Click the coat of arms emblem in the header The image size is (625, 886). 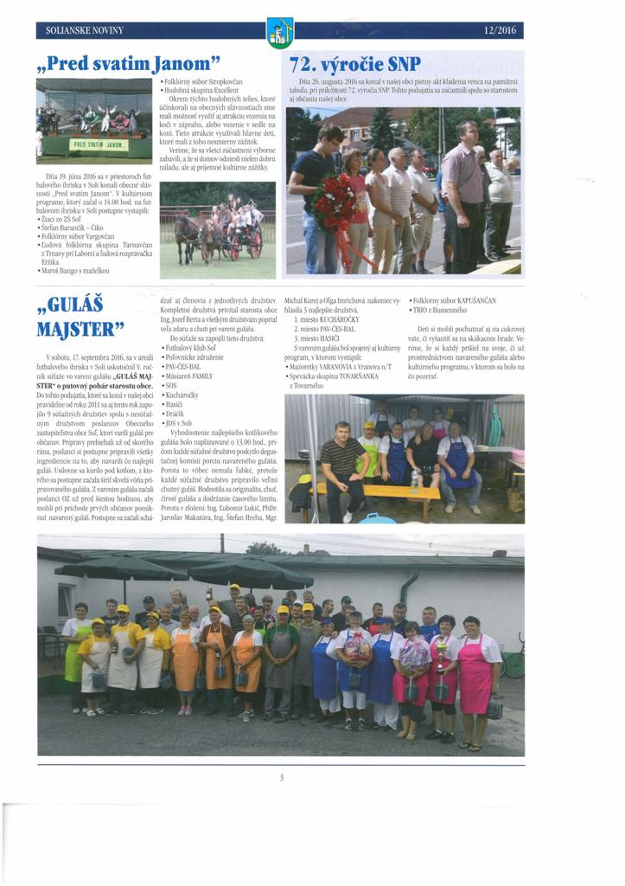(x=279, y=33)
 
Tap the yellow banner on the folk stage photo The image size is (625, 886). (x=99, y=144)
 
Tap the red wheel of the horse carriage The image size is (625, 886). (x=256, y=244)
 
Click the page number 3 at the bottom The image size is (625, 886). (x=282, y=777)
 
